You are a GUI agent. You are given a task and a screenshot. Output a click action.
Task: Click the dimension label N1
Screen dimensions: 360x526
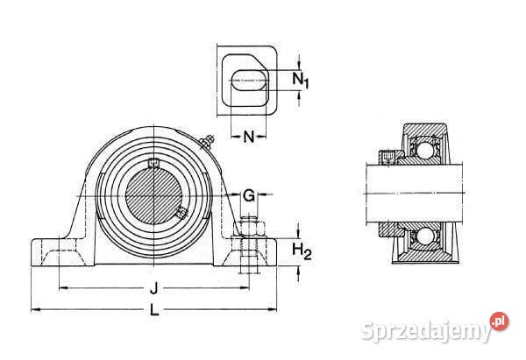tap(302, 81)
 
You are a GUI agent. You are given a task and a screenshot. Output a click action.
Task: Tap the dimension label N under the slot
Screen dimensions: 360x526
tap(248, 137)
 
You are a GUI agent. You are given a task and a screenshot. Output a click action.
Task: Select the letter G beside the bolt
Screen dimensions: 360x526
tap(249, 194)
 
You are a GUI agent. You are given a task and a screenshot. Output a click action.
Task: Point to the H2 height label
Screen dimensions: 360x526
tap(302, 252)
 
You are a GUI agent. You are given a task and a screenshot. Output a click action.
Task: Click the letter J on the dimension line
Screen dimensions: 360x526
tap(154, 286)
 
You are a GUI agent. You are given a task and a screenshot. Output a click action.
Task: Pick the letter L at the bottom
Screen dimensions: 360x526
tap(154, 309)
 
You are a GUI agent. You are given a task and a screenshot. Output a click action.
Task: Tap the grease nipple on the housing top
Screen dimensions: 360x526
tap(209, 140)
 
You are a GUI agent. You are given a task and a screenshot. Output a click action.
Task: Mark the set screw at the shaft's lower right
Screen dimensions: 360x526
tap(180, 213)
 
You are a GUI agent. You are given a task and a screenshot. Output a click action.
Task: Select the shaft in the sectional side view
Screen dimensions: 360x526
tap(412, 193)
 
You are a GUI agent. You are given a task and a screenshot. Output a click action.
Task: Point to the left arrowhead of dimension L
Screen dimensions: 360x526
tap(34, 308)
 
